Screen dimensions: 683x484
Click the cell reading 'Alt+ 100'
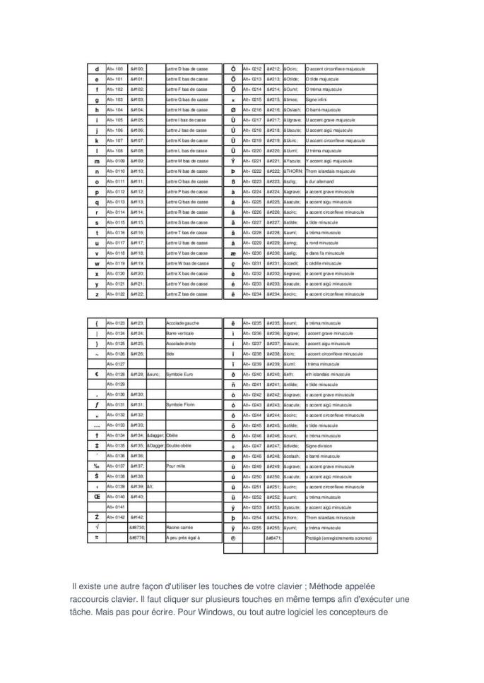114,69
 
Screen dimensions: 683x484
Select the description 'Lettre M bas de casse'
187,161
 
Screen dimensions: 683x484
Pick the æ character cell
233,253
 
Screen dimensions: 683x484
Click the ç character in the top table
233,263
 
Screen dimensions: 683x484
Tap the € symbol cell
96,374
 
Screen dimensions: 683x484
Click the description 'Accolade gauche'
182,323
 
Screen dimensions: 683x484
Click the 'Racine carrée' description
179,527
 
